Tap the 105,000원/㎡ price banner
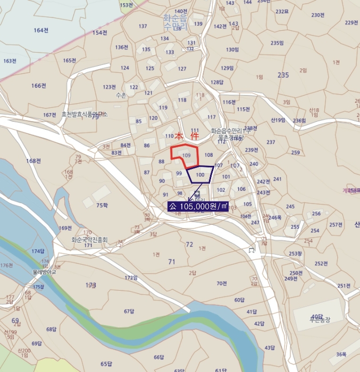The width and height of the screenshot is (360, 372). (198, 206)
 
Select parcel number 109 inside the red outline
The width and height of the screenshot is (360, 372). (186, 155)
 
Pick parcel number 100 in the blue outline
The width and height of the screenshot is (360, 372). (200, 174)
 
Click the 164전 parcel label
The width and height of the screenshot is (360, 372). (41, 30)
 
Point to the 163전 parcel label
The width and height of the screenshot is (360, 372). (10, 61)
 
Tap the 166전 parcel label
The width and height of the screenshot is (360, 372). (39, 86)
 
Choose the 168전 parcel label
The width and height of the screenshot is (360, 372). (34, 160)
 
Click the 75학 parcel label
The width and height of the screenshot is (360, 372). (102, 205)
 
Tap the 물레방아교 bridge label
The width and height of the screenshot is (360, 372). (44, 271)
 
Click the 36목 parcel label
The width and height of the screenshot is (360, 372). (341, 354)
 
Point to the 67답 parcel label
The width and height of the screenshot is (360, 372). (129, 311)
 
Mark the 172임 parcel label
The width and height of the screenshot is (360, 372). (131, 277)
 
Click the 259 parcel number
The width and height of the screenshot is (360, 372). (296, 153)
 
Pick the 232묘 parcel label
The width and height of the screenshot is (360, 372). (282, 11)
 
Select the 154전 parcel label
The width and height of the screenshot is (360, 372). (100, 32)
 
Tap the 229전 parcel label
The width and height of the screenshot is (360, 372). (351, 22)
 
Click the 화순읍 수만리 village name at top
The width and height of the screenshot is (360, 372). (175, 21)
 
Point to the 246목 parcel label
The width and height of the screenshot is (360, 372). (275, 217)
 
